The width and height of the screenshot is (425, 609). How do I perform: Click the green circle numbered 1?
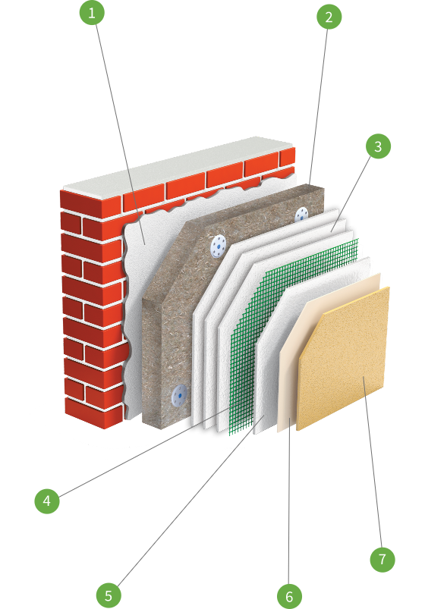(92, 13)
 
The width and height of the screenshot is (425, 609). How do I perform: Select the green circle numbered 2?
(329, 17)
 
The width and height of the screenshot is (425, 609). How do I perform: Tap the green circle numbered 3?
(378, 146)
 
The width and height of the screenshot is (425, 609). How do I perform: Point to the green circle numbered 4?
(47, 501)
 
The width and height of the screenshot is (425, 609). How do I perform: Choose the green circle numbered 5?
(109, 595)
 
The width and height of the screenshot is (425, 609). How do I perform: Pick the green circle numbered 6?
(289, 596)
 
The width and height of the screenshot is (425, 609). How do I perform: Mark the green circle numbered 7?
(382, 559)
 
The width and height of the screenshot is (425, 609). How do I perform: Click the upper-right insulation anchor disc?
(301, 215)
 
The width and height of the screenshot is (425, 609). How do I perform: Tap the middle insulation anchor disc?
(218, 246)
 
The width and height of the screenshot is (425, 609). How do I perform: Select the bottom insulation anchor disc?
(179, 396)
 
